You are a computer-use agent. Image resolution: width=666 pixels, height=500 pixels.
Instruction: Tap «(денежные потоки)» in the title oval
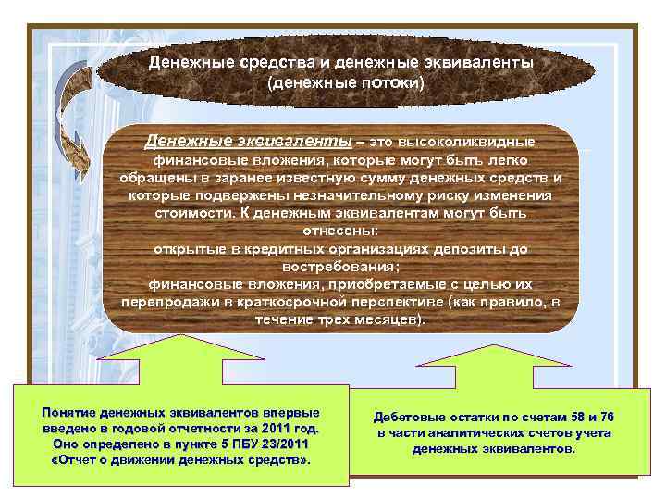tap(344, 83)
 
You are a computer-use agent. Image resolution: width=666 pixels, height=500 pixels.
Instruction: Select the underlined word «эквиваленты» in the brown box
tap(301, 142)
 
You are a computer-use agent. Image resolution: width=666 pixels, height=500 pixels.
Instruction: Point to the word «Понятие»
tap(68, 413)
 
